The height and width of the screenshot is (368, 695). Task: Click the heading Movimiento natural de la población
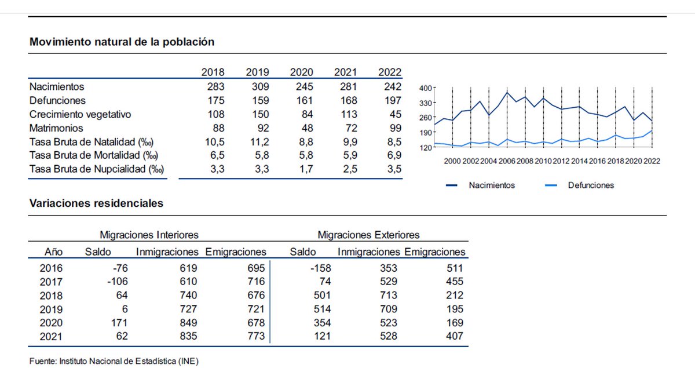122,42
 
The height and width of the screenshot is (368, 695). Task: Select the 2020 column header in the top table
301,72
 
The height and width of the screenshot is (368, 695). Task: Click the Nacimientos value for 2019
257,87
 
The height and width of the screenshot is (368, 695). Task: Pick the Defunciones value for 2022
390,101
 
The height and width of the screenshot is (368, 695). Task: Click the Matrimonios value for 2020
305,129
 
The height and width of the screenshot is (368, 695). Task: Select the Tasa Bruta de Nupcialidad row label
97,170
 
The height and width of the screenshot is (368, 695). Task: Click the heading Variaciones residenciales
96,204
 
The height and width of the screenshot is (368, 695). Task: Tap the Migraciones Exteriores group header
368,235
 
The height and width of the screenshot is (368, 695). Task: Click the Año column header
54,252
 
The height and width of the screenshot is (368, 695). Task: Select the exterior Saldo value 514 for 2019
305,309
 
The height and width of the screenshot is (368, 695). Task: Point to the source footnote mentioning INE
114,361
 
